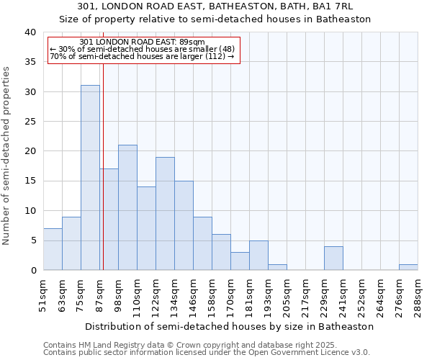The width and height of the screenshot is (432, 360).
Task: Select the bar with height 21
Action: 127,207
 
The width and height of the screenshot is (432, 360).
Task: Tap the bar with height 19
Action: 165,213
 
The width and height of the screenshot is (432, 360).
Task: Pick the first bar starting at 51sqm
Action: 53,249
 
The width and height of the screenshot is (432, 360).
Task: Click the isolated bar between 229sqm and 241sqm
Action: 333,258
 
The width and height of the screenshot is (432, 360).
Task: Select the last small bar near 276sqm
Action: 408,267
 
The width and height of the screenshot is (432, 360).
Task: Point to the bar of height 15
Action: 184,225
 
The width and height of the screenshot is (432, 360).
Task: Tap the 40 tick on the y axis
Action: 30,32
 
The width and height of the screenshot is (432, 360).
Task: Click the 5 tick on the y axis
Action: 33,240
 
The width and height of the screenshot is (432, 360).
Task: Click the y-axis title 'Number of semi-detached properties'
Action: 7,156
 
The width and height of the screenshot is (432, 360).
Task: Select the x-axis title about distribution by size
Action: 229,326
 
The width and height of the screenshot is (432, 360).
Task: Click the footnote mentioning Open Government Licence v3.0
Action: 206,352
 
